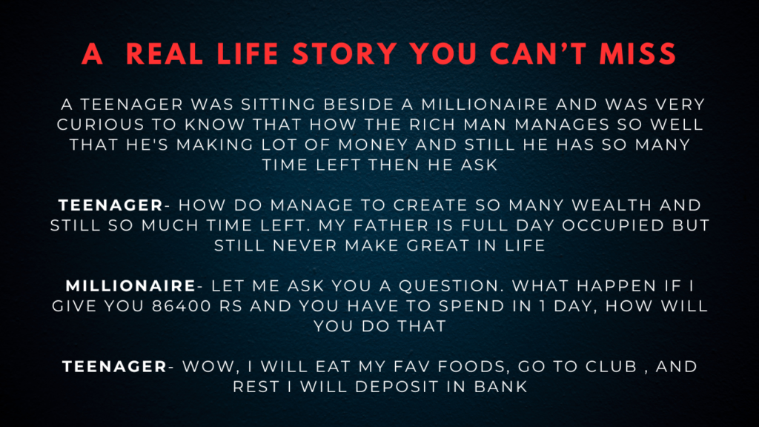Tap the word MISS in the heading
[637, 53]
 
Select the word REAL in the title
[164, 53]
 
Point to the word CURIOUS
[100, 125]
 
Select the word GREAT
[437, 245]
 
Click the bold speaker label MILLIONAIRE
[130, 285]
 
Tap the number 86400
[182, 306]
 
